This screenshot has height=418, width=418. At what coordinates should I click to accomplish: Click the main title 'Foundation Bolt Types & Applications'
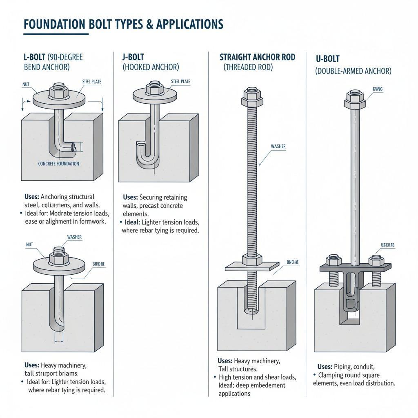pyautogui.click(x=123, y=24)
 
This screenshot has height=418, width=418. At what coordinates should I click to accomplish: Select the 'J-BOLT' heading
pyautogui.click(x=133, y=58)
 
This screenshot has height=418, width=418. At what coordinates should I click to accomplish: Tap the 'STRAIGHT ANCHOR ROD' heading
pyautogui.click(x=257, y=57)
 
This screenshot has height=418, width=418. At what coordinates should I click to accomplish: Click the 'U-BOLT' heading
pyautogui.click(x=328, y=59)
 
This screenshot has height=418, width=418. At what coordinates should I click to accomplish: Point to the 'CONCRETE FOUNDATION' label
pyautogui.click(x=59, y=164)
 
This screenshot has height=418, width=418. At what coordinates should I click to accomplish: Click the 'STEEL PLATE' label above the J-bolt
pyautogui.click(x=180, y=82)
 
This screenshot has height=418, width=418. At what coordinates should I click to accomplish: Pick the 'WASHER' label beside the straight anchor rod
pyautogui.click(x=278, y=146)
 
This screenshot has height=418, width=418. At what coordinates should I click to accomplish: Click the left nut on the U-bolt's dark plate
pyautogui.click(x=333, y=260)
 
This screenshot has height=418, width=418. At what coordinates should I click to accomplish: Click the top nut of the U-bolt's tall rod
pyautogui.click(x=354, y=98)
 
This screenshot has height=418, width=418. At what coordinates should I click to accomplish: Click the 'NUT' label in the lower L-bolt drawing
pyautogui.click(x=29, y=245)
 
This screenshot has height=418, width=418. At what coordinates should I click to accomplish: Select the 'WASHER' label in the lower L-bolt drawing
pyautogui.click(x=74, y=237)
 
